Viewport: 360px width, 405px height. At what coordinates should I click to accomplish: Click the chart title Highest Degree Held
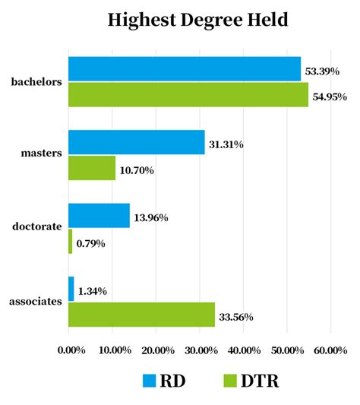[x=197, y=20]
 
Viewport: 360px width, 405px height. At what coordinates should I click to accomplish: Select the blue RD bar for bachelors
[x=185, y=68]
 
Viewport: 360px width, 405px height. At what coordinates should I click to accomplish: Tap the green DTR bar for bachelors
[x=188, y=94]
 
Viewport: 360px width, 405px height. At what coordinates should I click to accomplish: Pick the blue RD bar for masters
[x=137, y=142]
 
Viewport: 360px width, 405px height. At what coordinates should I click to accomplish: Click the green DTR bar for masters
[x=92, y=168]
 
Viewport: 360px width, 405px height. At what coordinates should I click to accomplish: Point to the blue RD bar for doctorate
[x=99, y=216]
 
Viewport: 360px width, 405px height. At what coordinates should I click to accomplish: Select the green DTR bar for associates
[x=141, y=315]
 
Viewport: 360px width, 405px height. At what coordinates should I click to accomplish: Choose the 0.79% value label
[x=90, y=243]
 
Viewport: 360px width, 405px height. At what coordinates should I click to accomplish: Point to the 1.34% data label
[x=93, y=290]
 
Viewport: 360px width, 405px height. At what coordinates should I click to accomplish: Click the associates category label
[x=35, y=301]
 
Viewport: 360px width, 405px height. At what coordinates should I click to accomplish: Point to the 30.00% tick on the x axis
[x=201, y=350]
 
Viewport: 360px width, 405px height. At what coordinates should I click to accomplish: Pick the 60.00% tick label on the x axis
[x=330, y=350]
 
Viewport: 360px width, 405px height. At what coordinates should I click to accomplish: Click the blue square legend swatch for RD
[x=150, y=381]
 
